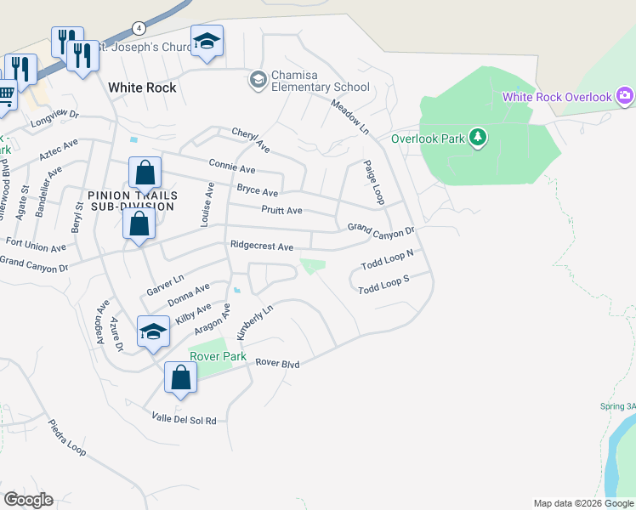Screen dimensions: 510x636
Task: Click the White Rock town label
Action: [x=142, y=88]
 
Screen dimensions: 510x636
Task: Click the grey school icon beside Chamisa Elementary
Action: [x=257, y=80]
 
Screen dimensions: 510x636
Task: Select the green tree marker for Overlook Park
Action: [x=477, y=137]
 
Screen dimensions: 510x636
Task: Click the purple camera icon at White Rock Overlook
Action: [x=626, y=96]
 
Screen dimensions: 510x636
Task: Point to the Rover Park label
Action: [x=218, y=356]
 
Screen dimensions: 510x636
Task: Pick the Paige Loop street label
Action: [x=374, y=183]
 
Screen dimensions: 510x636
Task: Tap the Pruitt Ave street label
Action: [x=281, y=210]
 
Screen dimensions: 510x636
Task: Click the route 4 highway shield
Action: [x=137, y=27]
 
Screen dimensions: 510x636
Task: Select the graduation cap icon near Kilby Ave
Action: [x=153, y=331]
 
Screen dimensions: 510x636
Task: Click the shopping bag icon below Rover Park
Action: [x=181, y=377]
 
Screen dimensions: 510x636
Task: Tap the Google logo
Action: [x=28, y=499]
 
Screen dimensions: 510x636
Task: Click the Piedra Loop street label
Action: [x=67, y=439]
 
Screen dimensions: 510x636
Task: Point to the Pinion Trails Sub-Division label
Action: [x=131, y=200]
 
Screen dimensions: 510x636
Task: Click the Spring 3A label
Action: [x=618, y=406]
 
